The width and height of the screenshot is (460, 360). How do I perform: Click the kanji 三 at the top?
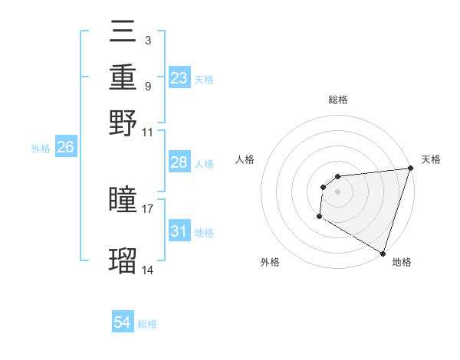[x=123, y=34]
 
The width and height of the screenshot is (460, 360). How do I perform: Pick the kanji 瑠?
[x=123, y=261]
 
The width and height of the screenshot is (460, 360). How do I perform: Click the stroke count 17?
[x=148, y=208]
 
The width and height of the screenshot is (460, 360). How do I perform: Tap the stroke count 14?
[x=148, y=270]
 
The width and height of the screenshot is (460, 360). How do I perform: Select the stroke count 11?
[x=148, y=131]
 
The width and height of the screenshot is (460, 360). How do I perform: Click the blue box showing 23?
[x=179, y=78]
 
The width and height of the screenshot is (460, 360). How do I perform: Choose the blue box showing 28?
[x=179, y=162]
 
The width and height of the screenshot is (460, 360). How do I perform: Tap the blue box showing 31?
[x=179, y=231]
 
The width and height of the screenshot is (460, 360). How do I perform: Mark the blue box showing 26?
[x=66, y=148]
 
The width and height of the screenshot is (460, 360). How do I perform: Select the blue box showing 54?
[x=123, y=323]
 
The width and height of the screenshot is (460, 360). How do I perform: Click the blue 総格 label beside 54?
[x=147, y=324]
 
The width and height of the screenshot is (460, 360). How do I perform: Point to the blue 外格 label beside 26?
[x=41, y=149]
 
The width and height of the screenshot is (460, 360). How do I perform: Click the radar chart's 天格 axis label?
[x=431, y=159]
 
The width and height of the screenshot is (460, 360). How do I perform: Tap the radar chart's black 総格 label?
[x=337, y=100]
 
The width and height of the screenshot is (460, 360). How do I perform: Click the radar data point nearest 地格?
[x=383, y=254]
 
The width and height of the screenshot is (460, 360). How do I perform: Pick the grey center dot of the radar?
[x=337, y=192]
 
